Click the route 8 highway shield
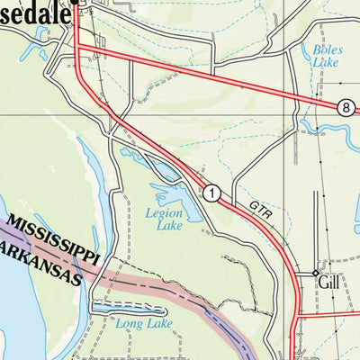pyautogui.click(x=346, y=107)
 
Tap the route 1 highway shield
pyautogui.click(x=211, y=192)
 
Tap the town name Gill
pyautogui.click(x=330, y=282)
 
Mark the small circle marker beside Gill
pyautogui.click(x=314, y=273)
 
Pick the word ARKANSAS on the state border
pyautogui.click(x=40, y=261)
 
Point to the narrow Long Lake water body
pyautogui.click(x=126, y=309)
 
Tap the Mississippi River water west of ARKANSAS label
pyautogui.click(x=13, y=297)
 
